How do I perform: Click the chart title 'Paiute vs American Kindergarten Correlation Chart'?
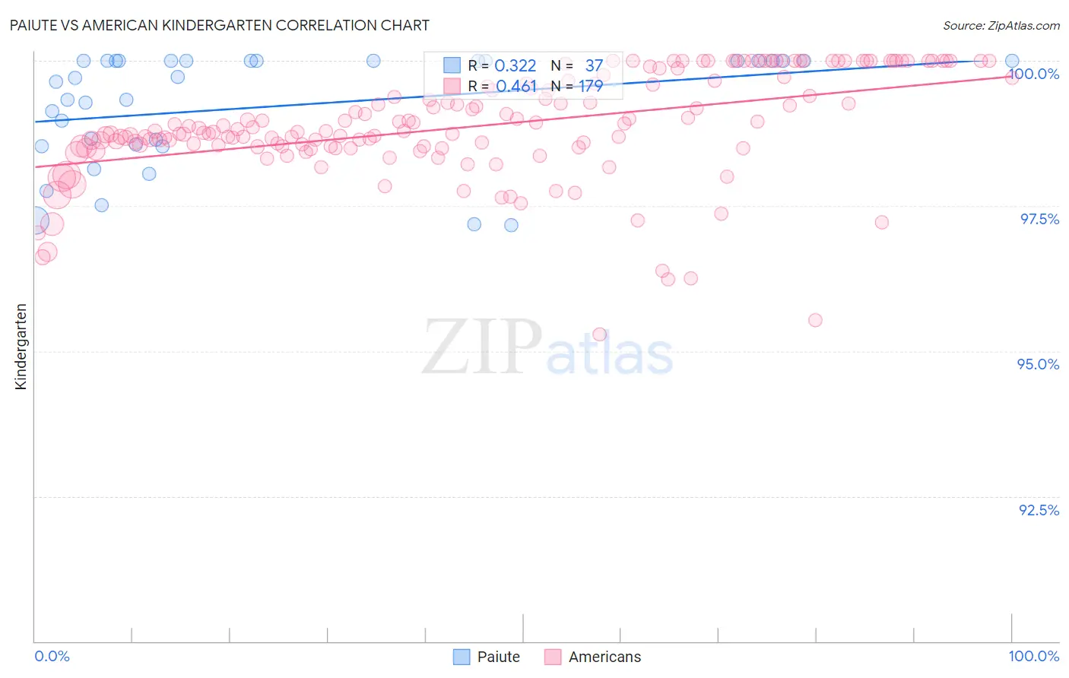[x=220, y=25]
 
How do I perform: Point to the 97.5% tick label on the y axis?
[x=1039, y=219]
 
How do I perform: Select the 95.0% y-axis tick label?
[x=1038, y=364]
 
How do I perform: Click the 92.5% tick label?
[x=1039, y=510]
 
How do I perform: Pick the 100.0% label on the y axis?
[x=1034, y=74]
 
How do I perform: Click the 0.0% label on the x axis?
[x=52, y=656]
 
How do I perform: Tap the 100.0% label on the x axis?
[x=1033, y=656]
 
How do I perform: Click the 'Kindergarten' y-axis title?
[x=21, y=347]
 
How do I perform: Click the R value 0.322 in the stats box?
[x=515, y=66]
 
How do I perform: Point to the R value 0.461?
[x=516, y=87]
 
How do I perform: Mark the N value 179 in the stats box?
[x=591, y=87]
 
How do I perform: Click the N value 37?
[x=594, y=66]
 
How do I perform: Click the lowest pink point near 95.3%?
[x=599, y=334]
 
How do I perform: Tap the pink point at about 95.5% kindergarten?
[x=815, y=320]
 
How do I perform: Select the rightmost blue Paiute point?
[x=1012, y=61]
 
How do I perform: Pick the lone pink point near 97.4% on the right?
[x=881, y=222]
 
